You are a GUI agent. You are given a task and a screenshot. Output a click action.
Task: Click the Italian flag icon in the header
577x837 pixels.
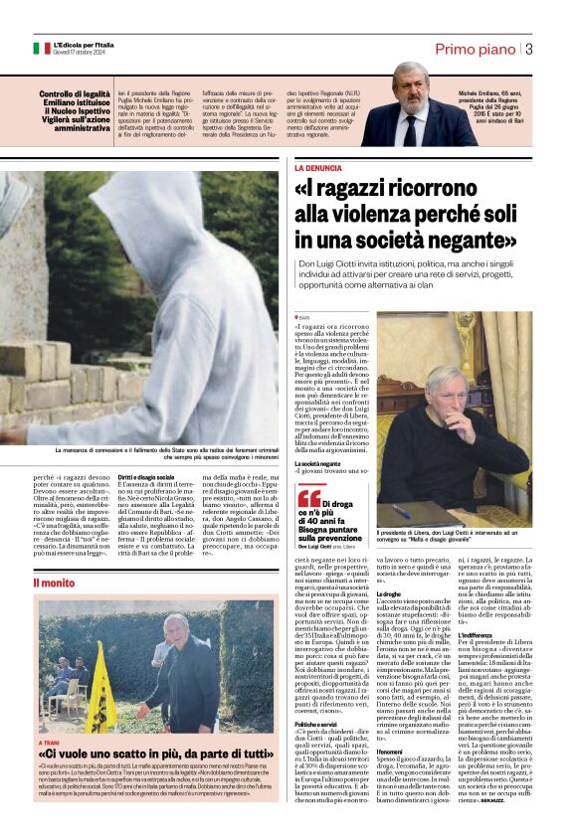click(x=41, y=48)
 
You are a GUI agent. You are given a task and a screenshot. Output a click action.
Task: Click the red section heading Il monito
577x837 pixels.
click(x=53, y=582)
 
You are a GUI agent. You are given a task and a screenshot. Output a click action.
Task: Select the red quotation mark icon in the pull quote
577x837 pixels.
click(x=309, y=498)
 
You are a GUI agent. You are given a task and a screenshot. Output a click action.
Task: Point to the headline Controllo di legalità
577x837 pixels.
click(x=75, y=94)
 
